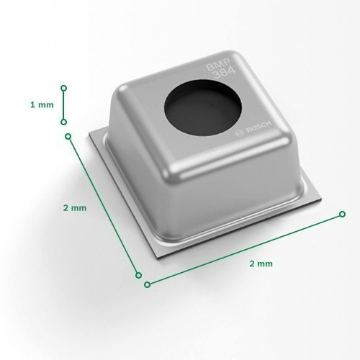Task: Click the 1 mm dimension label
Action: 42,105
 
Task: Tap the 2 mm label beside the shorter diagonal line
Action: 75,208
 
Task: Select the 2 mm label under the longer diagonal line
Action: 261,264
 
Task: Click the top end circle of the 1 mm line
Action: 63,89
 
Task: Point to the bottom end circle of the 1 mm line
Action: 63,122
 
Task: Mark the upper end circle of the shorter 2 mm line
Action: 68,137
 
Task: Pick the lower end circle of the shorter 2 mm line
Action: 138,275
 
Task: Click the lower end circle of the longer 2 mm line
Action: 148,284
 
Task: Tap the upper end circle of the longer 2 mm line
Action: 343,214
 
